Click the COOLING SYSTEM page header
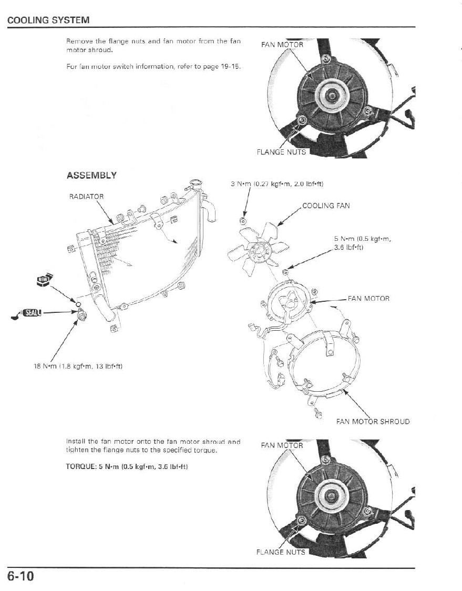[x=48, y=20]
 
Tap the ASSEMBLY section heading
[x=91, y=175]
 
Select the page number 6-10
[x=21, y=576]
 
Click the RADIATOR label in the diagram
[x=87, y=196]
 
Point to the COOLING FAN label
[x=326, y=206]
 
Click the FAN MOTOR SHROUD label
[x=373, y=421]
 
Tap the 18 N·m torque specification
[x=78, y=366]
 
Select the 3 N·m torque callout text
[x=277, y=184]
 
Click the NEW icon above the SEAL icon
[x=44, y=279]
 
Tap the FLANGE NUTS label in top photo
[x=281, y=152]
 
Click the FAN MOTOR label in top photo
[x=282, y=45]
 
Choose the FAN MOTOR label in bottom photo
[x=282, y=445]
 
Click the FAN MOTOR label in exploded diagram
[x=368, y=299]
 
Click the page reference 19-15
[x=232, y=66]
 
